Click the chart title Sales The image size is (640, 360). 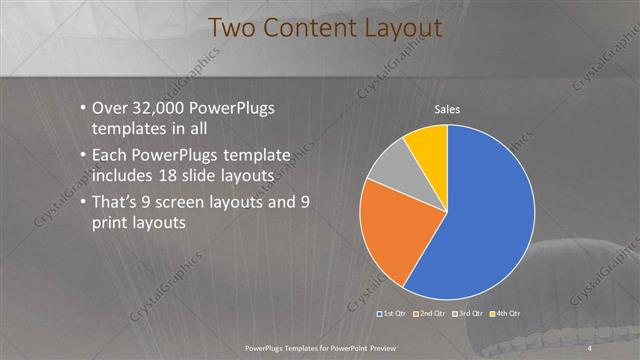446,109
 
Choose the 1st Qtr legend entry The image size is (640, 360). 391,314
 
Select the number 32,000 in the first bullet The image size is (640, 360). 162,109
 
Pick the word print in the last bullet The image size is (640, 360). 111,224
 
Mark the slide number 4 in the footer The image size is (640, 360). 590,346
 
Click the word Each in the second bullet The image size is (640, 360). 109,156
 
